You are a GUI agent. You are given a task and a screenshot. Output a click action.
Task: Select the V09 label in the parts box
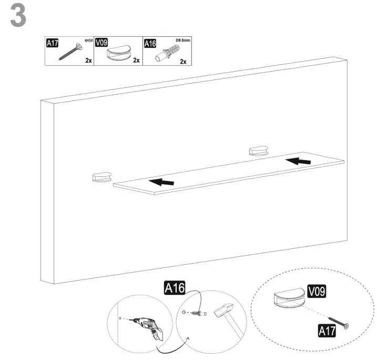(x=102, y=43)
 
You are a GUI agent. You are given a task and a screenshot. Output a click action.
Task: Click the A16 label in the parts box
(x=150, y=44)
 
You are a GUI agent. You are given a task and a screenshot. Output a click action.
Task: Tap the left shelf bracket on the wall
(x=101, y=177)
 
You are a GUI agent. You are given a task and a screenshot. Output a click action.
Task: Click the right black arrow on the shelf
(x=297, y=159)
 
